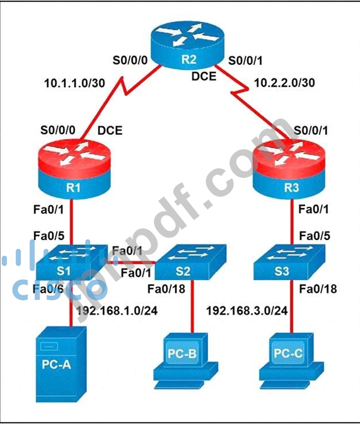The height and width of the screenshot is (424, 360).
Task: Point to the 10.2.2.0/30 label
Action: coord(284,83)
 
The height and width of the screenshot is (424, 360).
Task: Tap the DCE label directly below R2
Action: coord(203,77)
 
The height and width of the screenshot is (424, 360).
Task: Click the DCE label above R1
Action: coord(110,132)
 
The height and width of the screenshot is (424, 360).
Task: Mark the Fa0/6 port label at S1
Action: coord(47,289)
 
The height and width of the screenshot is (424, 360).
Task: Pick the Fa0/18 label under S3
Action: coord(317,289)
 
